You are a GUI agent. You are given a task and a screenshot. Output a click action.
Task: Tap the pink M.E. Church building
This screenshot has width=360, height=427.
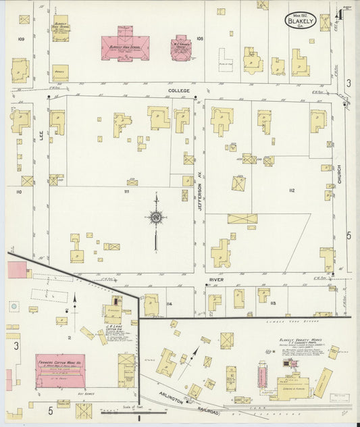181,49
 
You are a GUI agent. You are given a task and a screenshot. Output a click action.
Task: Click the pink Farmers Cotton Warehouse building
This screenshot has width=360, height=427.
60,370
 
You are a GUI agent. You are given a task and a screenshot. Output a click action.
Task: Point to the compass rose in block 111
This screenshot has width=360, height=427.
156,218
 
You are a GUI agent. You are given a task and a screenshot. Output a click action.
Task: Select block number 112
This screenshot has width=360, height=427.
291,191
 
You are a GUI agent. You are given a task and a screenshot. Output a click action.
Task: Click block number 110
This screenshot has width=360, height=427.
19,192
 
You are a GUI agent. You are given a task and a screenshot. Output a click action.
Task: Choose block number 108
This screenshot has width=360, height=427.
199,39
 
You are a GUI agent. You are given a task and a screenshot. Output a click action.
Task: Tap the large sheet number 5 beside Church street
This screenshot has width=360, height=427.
349,235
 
